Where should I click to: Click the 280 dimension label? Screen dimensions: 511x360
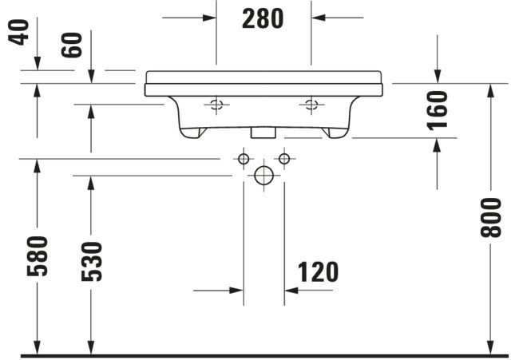click(x=263, y=19)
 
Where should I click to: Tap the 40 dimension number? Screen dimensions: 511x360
click(x=18, y=32)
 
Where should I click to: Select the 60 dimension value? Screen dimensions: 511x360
click(x=72, y=45)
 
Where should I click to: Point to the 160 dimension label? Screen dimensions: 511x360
click(x=438, y=111)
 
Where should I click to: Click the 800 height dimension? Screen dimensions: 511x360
click(x=491, y=218)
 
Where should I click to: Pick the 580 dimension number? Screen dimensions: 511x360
click(x=38, y=256)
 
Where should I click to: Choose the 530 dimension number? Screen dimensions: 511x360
click(x=92, y=261)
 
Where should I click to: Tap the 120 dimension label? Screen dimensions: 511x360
click(x=318, y=272)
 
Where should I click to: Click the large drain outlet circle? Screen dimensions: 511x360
click(x=264, y=176)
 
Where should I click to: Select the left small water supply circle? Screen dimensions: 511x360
click(x=244, y=159)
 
